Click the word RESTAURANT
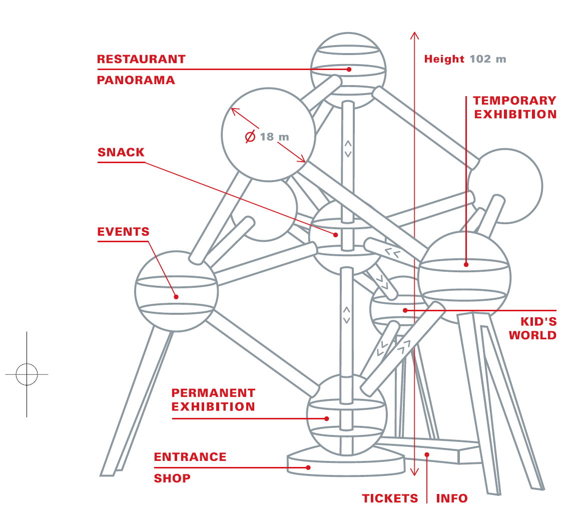tap(141, 59)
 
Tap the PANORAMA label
tap(136, 80)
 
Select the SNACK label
tap(121, 153)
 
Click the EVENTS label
tap(123, 232)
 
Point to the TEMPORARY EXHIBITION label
tap(515, 108)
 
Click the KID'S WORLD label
tap(532, 328)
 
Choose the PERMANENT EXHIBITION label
tap(213, 400)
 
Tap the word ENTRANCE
tap(190, 457)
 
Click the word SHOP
tap(172, 478)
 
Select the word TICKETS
tap(390, 498)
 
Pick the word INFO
tap(452, 498)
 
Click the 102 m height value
tap(488, 59)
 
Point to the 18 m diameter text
tap(274, 137)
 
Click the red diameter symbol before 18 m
tap(250, 137)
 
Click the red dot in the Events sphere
tap(176, 296)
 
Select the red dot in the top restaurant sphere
tap(349, 69)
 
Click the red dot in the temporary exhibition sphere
tap(466, 264)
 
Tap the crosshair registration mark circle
tap(27, 374)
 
